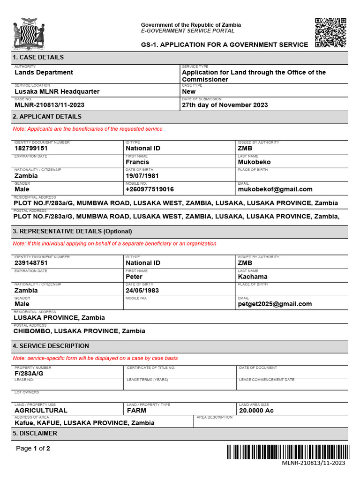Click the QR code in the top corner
330,32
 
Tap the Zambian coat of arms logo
29,34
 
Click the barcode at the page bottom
288,452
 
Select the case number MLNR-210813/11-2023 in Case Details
50,105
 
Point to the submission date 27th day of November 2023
225,105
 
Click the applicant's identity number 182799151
31,149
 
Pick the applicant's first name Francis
137,162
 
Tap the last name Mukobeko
254,162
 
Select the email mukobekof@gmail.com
275,189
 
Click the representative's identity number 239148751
31,263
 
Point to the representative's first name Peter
134,277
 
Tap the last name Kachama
253,277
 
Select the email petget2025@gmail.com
275,304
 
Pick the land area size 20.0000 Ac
256,411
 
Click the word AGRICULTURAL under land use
41,411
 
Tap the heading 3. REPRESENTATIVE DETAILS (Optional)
73,232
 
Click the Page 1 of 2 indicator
33,449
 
